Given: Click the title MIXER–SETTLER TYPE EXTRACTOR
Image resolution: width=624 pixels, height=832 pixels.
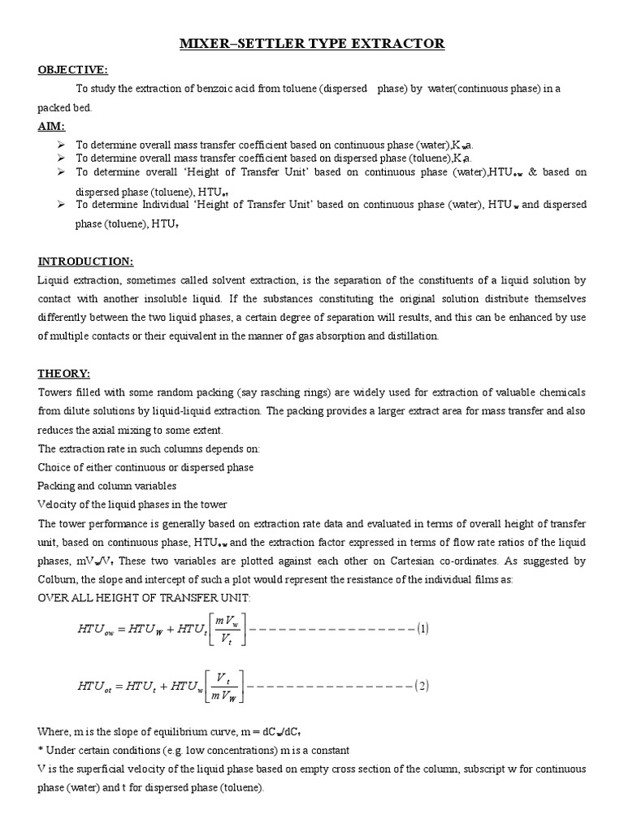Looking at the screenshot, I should pyautogui.click(x=312, y=43).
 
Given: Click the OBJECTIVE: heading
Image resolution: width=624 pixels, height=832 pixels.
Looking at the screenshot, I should pyautogui.click(x=72, y=70).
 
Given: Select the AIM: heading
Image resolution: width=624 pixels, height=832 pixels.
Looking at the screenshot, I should pyautogui.click(x=51, y=127).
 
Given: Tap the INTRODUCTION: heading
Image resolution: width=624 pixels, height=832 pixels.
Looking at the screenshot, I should pyautogui.click(x=85, y=261).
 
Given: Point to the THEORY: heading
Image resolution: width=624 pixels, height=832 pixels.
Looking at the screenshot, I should pyautogui.click(x=63, y=373).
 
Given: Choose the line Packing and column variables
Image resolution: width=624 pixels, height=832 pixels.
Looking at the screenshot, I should pyautogui.click(x=107, y=486).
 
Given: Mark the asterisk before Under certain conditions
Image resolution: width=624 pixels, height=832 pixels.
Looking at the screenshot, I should pyautogui.click(x=41, y=749).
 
